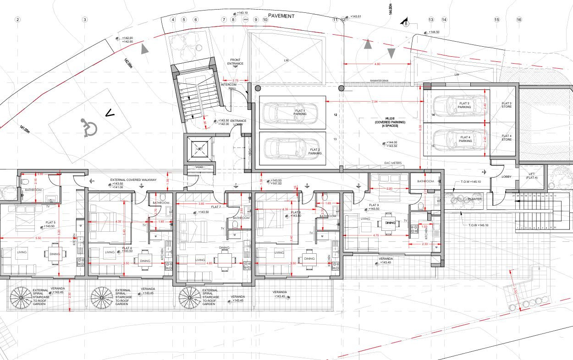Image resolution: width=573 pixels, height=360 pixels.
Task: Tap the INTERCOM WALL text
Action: pos(228,87)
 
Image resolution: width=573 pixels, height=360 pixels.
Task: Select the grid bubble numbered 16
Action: pos(519,20)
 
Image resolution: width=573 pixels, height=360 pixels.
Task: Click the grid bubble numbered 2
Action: pos(18,20)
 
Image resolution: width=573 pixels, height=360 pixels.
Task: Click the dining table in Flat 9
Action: pos(390,223)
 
